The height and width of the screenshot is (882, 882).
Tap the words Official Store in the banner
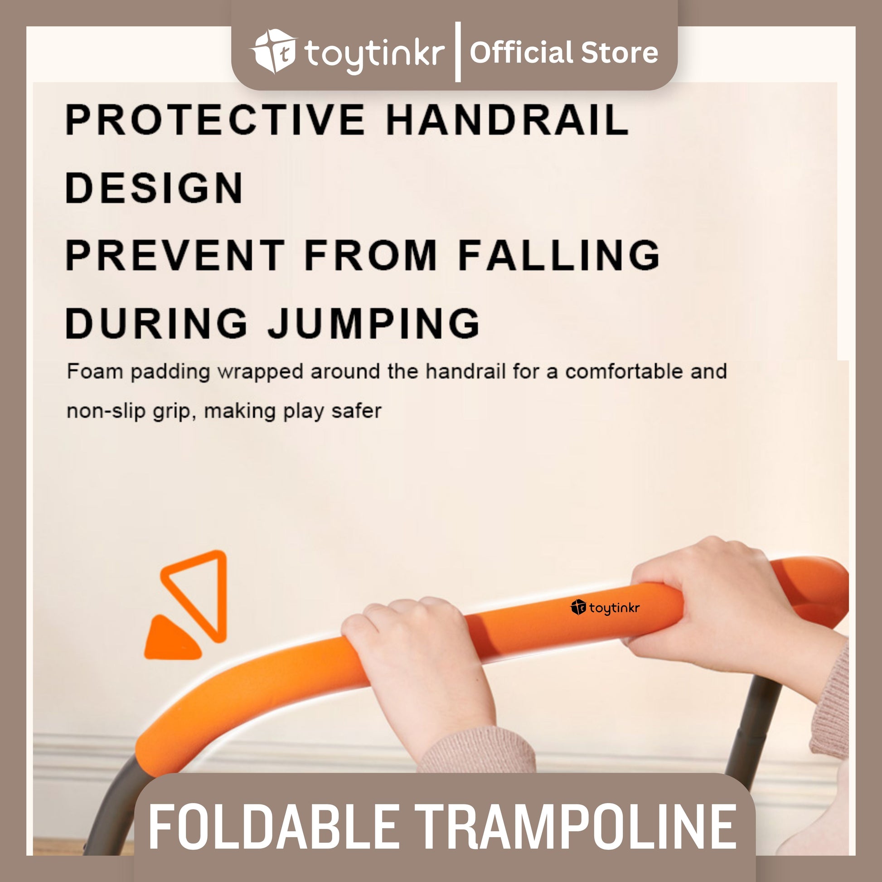(564, 53)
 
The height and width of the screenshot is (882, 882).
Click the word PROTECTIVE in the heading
(215, 120)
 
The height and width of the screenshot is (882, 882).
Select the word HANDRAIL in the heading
(507, 120)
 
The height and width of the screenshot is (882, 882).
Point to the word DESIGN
(154, 187)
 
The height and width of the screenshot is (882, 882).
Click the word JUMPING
(373, 322)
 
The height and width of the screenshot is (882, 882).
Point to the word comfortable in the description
(623, 372)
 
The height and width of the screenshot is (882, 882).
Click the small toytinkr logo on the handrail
(605, 608)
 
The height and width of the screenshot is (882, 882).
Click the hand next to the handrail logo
(731, 612)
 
